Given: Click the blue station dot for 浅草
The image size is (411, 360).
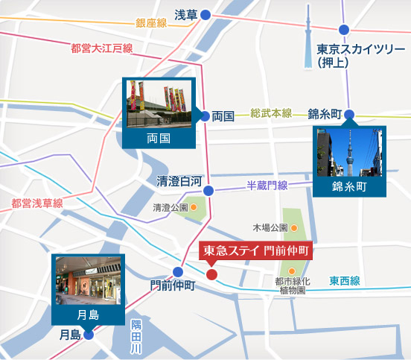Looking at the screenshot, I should tap(205, 14).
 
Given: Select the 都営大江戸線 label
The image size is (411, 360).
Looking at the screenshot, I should tap(101, 48).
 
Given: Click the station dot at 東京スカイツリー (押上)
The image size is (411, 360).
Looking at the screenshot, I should tap(343, 30).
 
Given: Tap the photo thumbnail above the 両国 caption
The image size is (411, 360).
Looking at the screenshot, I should tap(157, 104).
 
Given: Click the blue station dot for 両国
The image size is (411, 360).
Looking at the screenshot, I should tap(205, 116).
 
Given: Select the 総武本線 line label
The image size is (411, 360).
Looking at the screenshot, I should tap(271, 113).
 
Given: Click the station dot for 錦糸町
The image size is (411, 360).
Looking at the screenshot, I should tap(349, 115).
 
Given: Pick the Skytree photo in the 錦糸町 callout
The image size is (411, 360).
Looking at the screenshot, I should tap(349, 152).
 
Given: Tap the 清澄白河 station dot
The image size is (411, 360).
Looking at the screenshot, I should tap(208, 191).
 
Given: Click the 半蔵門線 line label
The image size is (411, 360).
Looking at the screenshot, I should tap(267, 185).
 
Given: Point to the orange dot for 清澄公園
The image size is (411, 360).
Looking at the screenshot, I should tap(194, 207).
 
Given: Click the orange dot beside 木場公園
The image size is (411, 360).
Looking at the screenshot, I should tap(293, 227).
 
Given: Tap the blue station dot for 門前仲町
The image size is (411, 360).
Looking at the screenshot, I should tap(178, 271).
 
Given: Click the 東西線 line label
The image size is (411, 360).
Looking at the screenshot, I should tap(345, 280).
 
